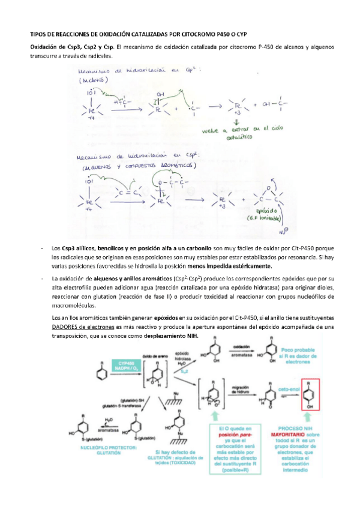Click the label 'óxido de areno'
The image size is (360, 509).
click(153, 357)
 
